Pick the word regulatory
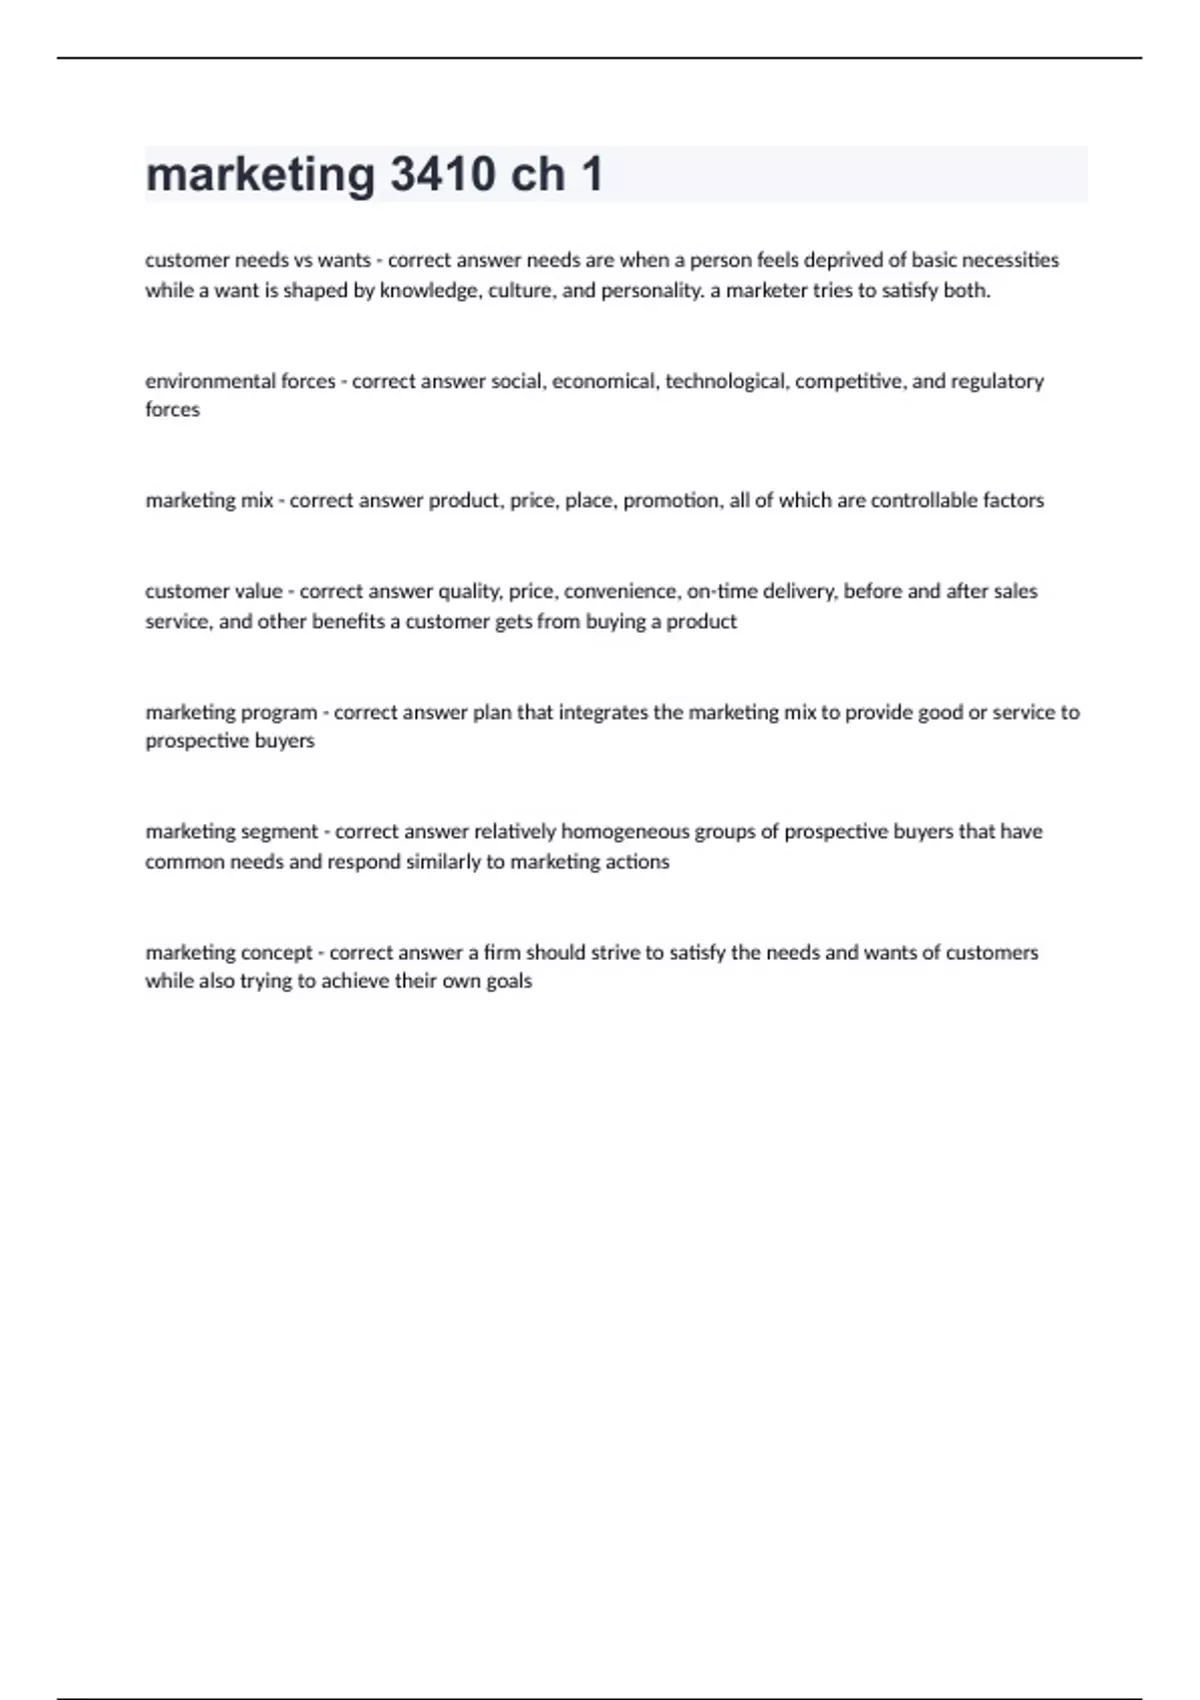996,381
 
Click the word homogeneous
625,831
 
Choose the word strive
615,952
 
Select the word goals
509,981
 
